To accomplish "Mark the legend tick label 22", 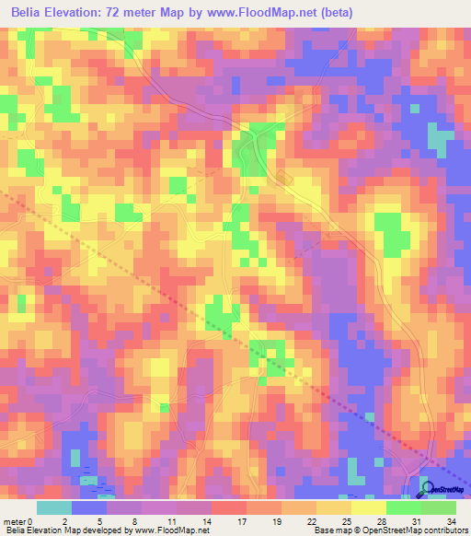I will click(310, 521).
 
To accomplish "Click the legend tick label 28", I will click(380, 521).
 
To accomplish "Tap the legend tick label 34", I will click(450, 521).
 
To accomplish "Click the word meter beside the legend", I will click(14, 521).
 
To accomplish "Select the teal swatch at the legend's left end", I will click(54, 507).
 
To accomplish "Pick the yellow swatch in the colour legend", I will click(368, 507).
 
